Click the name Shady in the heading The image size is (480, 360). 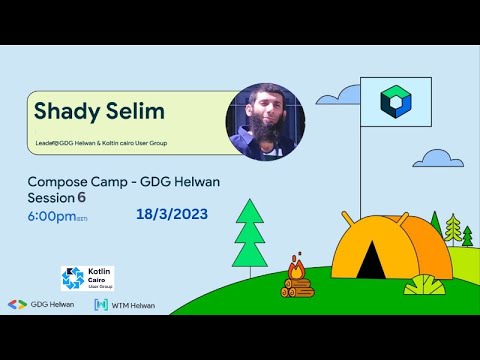pyautogui.click(x=68, y=109)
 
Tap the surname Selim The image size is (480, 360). pyautogui.click(x=138, y=109)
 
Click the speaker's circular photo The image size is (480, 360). pyautogui.click(x=265, y=121)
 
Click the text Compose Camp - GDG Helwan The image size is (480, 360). pyautogui.click(x=123, y=182)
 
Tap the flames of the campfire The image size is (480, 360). pyautogui.click(x=296, y=268)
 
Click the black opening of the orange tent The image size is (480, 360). pyautogui.click(x=371, y=262)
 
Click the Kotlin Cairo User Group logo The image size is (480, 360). pyautogui.click(x=87, y=278)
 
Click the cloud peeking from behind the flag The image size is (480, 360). pyautogui.click(x=348, y=95)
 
